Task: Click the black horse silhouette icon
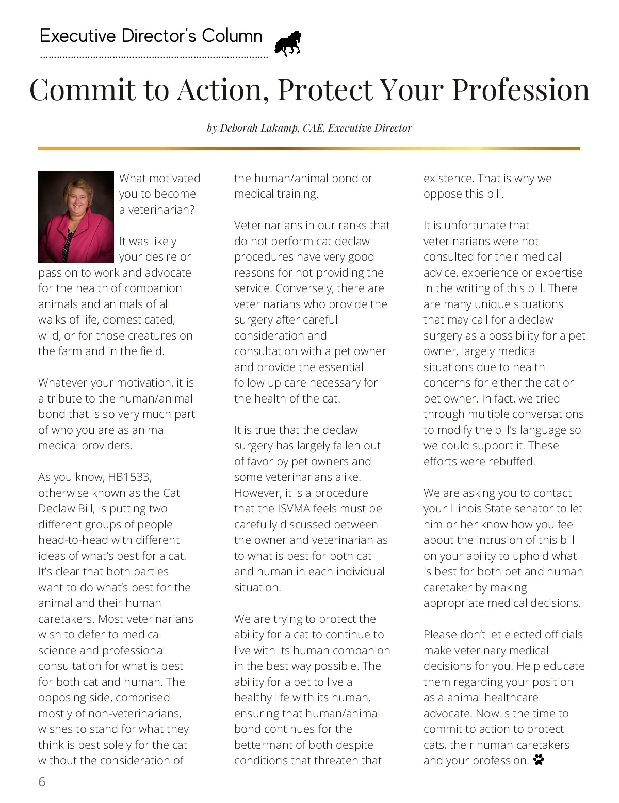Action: [287, 44]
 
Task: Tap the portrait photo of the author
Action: [76, 217]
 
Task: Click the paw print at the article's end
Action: [539, 760]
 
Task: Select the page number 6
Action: [42, 782]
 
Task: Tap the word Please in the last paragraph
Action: [443, 634]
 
